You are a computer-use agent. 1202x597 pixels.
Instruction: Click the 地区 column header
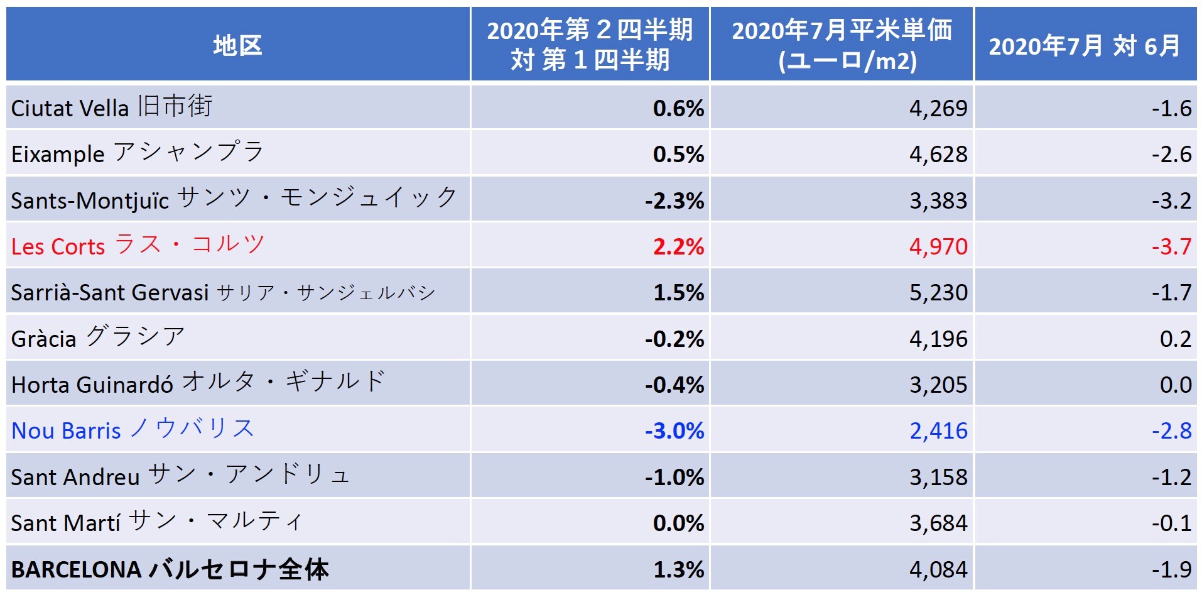click(x=237, y=45)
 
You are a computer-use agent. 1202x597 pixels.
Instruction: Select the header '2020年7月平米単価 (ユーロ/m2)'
click(x=842, y=45)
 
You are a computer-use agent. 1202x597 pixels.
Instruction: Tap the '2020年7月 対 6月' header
click(x=1085, y=45)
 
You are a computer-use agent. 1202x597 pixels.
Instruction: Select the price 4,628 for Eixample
click(x=938, y=154)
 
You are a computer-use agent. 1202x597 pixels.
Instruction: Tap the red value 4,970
click(x=938, y=246)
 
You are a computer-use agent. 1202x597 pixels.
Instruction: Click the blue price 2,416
click(x=938, y=430)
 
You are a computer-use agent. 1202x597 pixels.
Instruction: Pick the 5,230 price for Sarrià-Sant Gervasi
click(x=938, y=292)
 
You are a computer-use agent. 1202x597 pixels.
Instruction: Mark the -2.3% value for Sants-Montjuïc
click(x=674, y=200)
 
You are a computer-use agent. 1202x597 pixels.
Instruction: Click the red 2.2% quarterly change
click(x=678, y=246)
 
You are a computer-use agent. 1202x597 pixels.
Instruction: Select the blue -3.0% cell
click(x=674, y=430)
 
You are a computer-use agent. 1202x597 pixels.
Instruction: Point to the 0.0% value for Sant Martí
click(x=678, y=523)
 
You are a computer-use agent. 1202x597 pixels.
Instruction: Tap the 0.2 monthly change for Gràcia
click(x=1175, y=339)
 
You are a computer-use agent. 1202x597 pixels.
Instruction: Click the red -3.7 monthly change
click(x=1171, y=246)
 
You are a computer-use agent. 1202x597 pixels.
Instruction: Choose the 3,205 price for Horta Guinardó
click(x=938, y=385)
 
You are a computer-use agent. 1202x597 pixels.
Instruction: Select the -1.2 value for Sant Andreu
click(x=1171, y=477)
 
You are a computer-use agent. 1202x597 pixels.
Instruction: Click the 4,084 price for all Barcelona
click(x=938, y=569)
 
